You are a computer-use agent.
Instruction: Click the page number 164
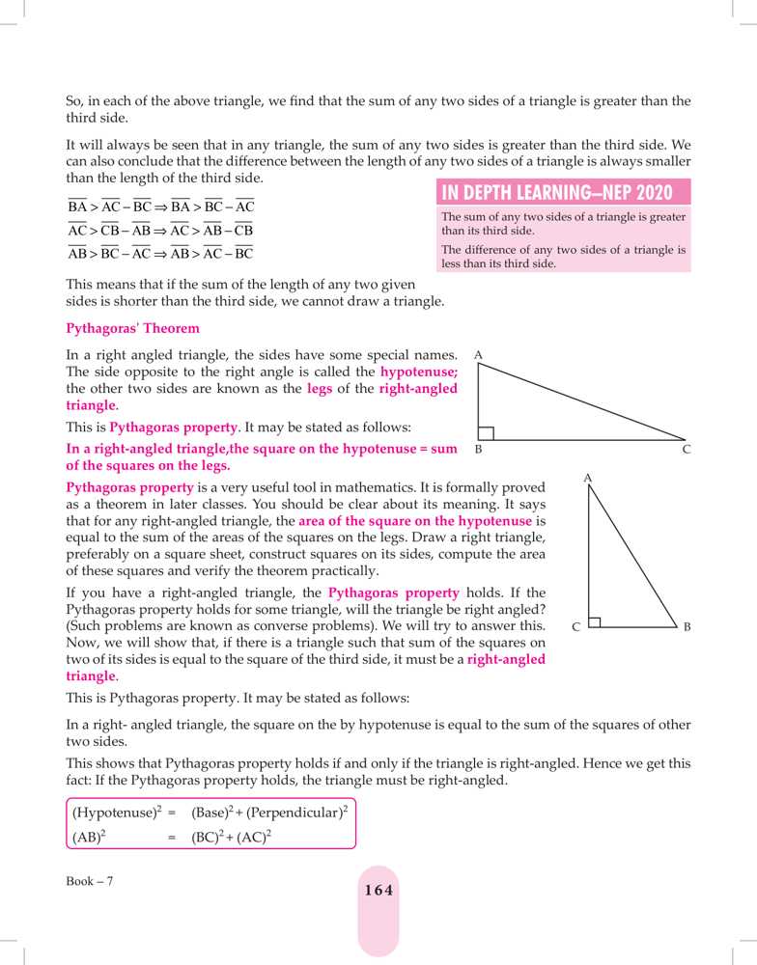point(378,891)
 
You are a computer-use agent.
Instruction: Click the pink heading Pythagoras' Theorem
point(132,328)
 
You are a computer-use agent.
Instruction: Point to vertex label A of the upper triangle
point(479,356)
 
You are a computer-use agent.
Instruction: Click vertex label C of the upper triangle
point(687,450)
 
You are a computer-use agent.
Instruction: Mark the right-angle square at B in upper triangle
point(487,433)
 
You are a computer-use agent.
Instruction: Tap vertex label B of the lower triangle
point(687,627)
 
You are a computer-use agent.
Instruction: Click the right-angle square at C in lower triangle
point(594,622)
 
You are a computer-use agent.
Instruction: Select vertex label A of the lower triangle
point(587,478)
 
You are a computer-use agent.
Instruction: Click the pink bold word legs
point(320,389)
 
